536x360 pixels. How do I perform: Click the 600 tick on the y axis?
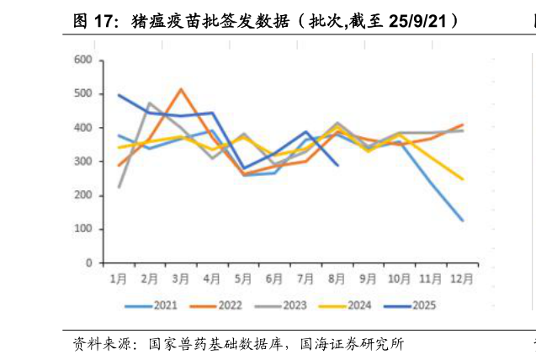83,60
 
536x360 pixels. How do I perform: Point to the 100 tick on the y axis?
83,229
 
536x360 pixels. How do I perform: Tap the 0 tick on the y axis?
88,263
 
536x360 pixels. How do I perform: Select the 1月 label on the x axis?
118,278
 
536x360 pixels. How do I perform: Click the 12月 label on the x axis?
462,278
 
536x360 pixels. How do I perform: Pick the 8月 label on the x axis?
337,278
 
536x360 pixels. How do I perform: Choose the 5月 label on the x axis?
243,278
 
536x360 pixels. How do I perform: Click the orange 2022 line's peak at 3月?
181,88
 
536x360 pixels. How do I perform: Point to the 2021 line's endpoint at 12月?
462,220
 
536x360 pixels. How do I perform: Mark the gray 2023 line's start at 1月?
119,187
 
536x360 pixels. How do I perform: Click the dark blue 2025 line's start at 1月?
119,95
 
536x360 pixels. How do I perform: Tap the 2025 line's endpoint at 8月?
337,165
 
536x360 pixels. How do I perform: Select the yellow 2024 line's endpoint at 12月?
462,179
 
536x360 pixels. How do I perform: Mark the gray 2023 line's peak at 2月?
150,103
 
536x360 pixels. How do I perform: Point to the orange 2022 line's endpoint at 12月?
462,124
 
